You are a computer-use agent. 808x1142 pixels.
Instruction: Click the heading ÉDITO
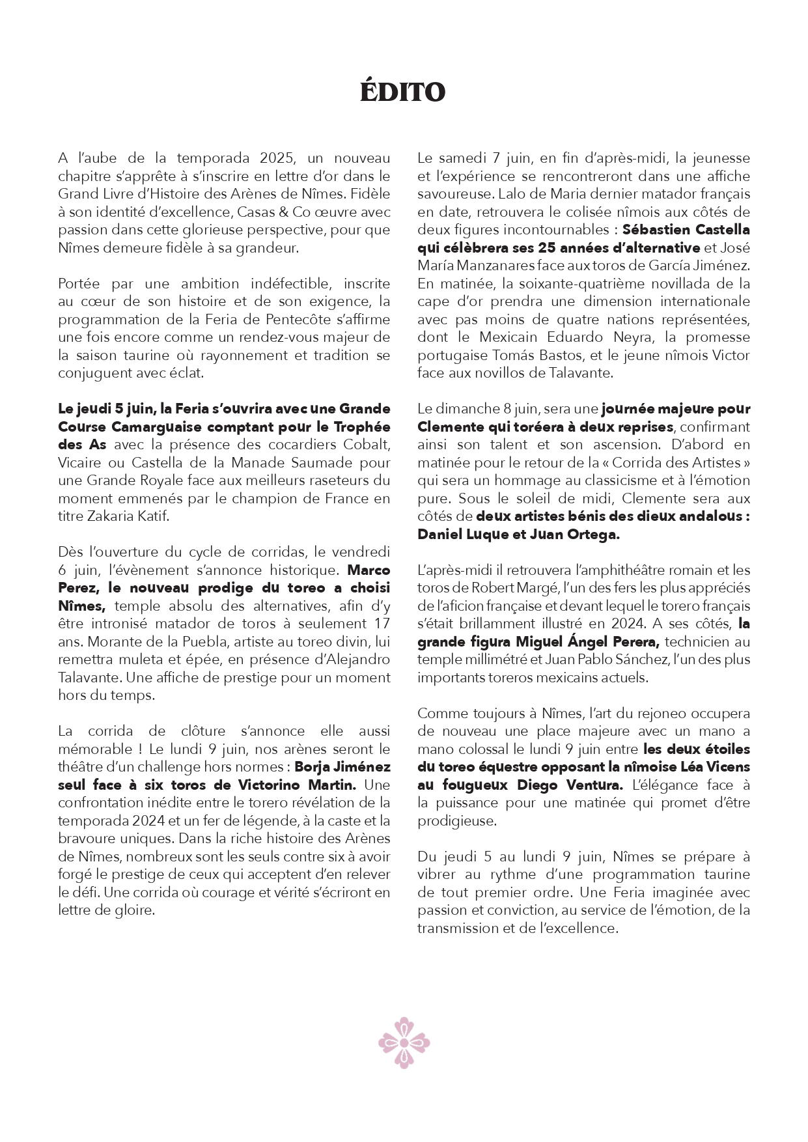tap(403, 92)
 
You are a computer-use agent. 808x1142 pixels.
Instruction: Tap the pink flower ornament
tap(404, 1042)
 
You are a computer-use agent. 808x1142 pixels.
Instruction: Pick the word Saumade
tap(292, 463)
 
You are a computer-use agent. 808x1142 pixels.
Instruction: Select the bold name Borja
tap(314, 767)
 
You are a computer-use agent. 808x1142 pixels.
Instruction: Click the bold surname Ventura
tap(587, 785)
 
